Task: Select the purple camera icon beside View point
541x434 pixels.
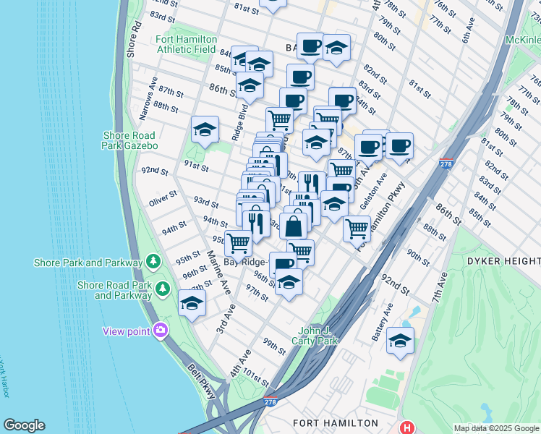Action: (x=160, y=331)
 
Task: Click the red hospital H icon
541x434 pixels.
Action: (x=408, y=427)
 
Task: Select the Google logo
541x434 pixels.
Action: (x=24, y=425)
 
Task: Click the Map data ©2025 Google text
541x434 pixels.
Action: (x=495, y=428)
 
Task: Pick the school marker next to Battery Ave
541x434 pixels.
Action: (x=400, y=340)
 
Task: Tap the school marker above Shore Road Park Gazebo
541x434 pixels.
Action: (x=205, y=130)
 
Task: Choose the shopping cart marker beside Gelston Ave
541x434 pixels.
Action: (x=357, y=229)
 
